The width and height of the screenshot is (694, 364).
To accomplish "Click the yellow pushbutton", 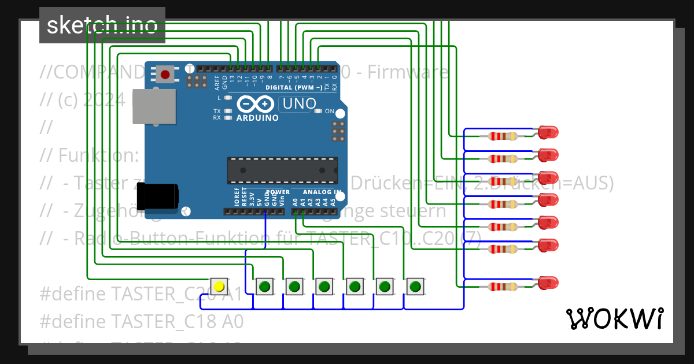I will point(219,286).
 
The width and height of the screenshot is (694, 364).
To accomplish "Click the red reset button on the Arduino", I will point(165,75).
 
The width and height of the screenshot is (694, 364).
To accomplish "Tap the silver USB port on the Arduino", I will point(153,106).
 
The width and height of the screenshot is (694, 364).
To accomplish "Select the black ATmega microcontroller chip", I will point(282,169).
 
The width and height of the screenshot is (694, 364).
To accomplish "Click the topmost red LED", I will point(547,132).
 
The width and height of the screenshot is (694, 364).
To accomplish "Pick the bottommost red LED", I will point(547,283).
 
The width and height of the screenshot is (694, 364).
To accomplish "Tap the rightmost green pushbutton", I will point(415,286).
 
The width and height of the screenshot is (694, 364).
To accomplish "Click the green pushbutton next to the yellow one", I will point(264,286).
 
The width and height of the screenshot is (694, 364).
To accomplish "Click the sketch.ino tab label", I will point(102,25).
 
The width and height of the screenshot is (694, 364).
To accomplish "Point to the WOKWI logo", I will point(614,318).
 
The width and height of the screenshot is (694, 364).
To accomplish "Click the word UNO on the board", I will point(298,104).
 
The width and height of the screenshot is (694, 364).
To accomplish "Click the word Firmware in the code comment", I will point(408,72).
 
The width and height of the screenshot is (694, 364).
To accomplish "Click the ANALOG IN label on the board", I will point(316,192).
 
